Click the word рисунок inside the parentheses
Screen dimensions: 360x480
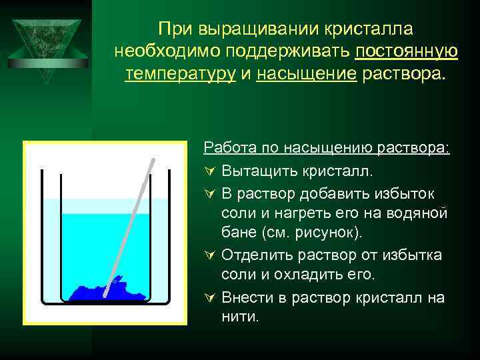(x=332, y=234)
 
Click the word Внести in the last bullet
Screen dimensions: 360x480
(x=245, y=297)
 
